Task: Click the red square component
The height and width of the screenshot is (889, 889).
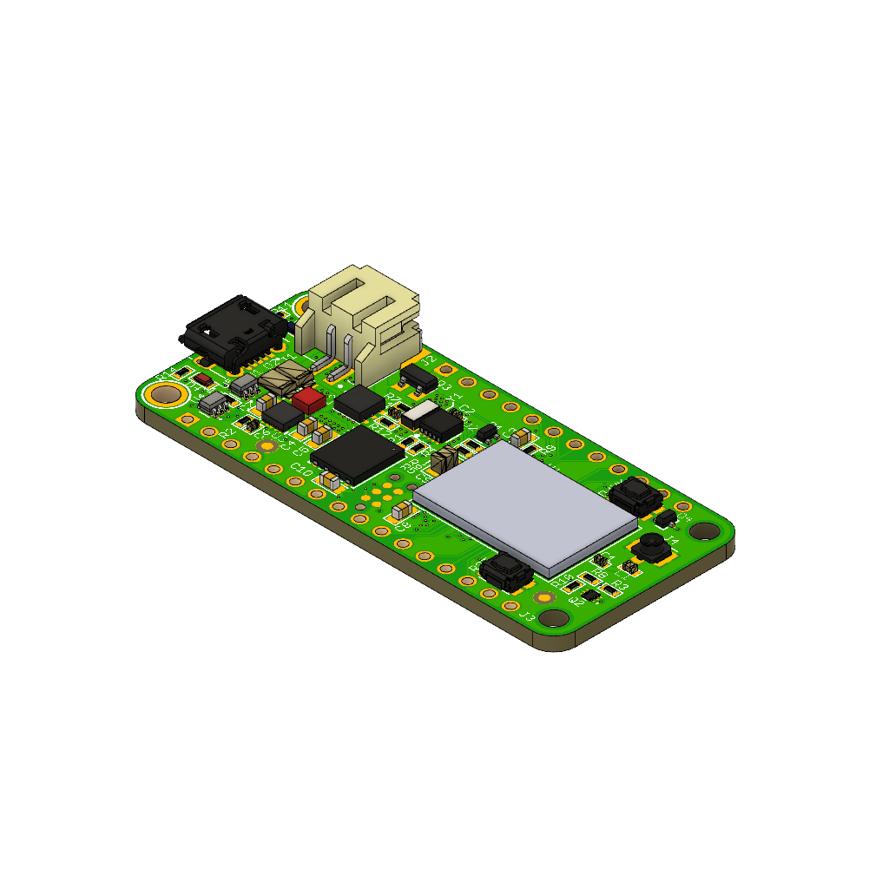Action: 307,399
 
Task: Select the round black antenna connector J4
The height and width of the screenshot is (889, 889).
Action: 651,547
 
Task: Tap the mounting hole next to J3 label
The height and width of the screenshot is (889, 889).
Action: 552,618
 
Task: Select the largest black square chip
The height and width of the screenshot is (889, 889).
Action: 357,453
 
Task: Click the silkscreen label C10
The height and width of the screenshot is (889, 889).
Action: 301,470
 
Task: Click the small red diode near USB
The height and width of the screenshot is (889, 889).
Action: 202,380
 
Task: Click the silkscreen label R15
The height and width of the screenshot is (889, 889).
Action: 563,579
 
